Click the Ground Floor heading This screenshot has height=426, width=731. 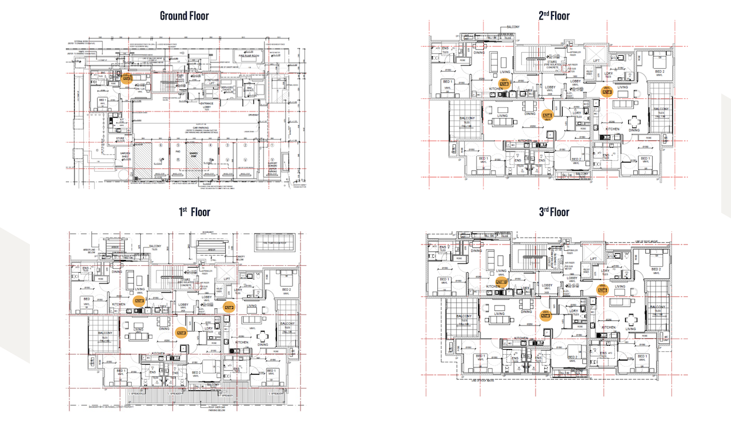tap(184, 16)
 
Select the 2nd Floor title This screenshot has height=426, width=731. tap(554, 16)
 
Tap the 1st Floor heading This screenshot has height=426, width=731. tap(194, 212)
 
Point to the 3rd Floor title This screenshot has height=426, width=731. tap(554, 212)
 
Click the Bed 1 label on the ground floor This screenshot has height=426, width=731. tap(103, 100)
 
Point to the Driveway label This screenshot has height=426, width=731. tap(252, 115)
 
